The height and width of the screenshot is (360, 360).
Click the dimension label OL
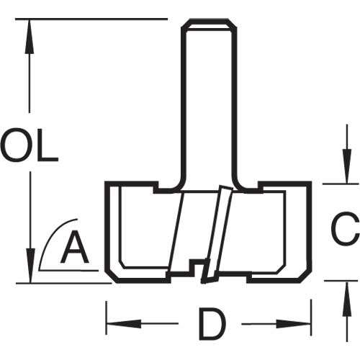pos(30,145)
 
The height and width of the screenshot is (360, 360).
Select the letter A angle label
pos(75,247)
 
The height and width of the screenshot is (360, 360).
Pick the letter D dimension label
pos(212,324)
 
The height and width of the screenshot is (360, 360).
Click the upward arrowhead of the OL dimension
pos(30,36)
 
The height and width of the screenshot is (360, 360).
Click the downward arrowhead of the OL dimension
pos(30,266)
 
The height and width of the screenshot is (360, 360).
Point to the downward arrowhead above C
pos(347,166)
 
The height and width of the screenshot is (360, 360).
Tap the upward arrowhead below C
pos(347,299)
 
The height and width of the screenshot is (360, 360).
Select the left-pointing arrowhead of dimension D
pos(124,324)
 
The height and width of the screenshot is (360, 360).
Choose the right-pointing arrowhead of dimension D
pos(294,324)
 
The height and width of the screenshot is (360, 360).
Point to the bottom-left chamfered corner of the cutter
pos(112,276)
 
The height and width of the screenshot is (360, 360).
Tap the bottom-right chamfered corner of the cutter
pos(305,276)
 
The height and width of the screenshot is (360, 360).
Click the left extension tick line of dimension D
pos(107,318)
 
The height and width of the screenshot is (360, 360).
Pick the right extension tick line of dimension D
pos(311,318)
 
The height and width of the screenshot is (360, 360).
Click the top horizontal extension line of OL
pos(91,19)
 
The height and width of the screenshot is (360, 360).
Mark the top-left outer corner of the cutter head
pos(107,183)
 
